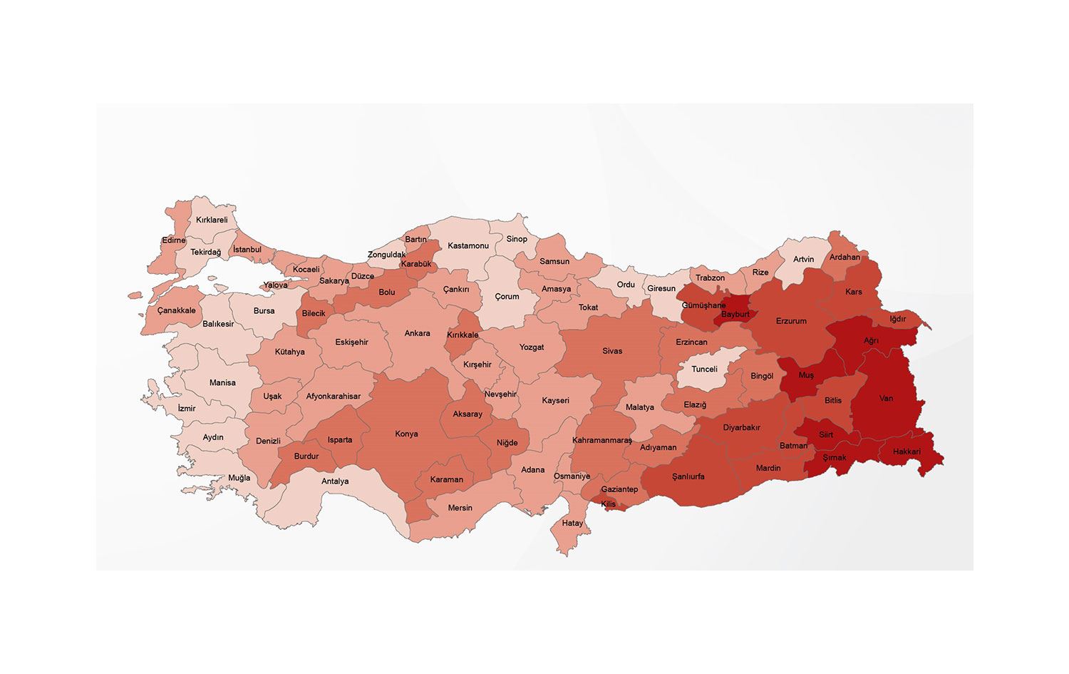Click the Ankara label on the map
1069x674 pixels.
click(417, 333)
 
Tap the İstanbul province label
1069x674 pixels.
click(247, 250)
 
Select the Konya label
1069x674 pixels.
click(406, 434)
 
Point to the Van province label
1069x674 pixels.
click(886, 398)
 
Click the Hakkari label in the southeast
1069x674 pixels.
click(907, 451)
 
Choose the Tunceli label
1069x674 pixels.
click(704, 369)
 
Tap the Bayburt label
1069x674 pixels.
click(735, 315)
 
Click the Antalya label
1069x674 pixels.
click(335, 481)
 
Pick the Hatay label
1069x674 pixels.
click(572, 523)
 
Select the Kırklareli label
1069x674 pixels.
click(212, 220)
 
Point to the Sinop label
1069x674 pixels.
click(517, 239)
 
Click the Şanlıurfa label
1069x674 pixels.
click(688, 476)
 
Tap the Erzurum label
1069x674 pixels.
click(791, 321)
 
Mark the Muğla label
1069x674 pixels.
click(239, 478)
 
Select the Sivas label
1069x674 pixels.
click(612, 351)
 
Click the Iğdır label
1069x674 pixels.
click(897, 319)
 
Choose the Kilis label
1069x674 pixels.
click(608, 504)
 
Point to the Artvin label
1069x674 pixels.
click(803, 259)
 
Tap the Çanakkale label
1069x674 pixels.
click(176, 310)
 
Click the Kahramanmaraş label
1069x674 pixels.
click(602, 440)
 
